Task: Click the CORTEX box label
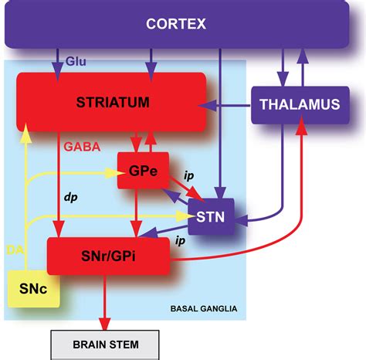pos(176,24)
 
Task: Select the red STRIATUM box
pos(112,102)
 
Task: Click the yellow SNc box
pos(29,289)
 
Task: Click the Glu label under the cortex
pos(75,59)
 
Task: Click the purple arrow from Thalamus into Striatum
pos(230,104)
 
